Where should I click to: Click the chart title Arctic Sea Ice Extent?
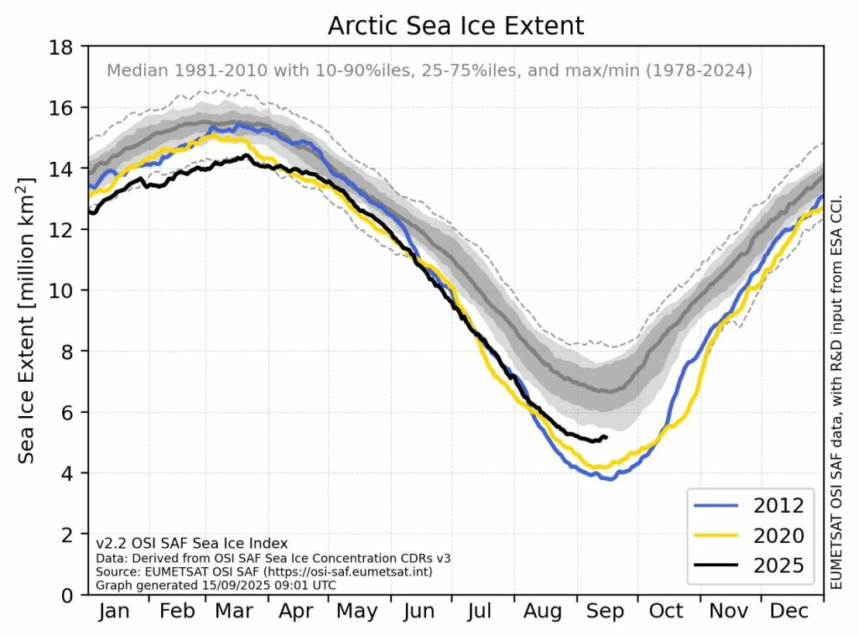coord(456,26)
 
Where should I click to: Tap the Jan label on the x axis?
coord(115,612)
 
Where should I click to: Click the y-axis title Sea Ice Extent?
coord(29,321)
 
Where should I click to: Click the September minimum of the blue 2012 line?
coord(607,478)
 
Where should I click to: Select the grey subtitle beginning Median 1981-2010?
coord(429,71)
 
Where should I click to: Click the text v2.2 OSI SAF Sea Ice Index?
coord(191,544)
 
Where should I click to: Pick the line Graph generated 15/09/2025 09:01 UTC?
coord(216,585)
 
